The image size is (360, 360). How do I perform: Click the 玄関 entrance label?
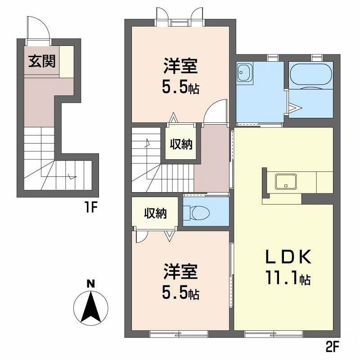click(42, 61)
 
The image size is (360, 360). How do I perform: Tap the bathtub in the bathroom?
click(311, 75)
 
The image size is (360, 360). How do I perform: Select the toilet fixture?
click(198, 213)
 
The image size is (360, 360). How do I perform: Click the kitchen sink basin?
click(286, 181)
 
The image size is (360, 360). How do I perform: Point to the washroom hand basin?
click(245, 72)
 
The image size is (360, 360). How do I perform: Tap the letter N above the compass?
click(91, 284)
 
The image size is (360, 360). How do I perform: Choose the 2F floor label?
click(332, 347)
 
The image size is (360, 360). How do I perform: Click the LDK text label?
click(288, 256)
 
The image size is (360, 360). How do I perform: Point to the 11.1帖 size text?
click(288, 278)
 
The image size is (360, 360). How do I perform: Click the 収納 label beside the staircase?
click(181, 144)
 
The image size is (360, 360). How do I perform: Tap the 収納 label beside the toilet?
click(155, 213)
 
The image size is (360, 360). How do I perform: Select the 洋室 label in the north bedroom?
click(181, 66)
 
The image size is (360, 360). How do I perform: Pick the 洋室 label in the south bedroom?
click(181, 272)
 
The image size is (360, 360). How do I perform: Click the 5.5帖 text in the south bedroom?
click(181, 293)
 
